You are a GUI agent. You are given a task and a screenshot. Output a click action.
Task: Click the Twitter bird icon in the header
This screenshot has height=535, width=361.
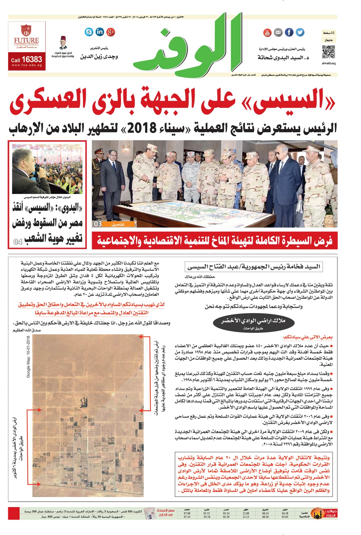tap(300, 32)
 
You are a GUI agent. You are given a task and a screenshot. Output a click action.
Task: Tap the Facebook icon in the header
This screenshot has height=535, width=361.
tap(289, 32)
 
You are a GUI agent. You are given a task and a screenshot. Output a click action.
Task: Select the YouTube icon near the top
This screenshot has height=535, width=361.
tap(267, 32)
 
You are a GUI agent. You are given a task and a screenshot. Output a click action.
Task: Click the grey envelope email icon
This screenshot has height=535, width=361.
tap(278, 32)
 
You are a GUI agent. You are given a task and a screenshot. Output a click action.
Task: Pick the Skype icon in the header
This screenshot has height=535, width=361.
tap(89, 32)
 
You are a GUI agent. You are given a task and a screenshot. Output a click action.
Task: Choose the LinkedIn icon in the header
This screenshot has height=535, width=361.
tap(100, 32)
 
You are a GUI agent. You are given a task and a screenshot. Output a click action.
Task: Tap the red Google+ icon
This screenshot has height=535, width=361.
tap(110, 32)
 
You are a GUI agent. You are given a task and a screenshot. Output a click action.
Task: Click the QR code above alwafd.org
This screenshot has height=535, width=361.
tap(329, 52)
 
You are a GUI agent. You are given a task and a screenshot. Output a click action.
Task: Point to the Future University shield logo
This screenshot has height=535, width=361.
tap(26, 30)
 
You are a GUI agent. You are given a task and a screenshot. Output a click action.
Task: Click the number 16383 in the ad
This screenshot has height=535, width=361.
tap(32, 59)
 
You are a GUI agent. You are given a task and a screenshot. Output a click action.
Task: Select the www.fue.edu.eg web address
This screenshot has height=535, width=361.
tap(27, 65)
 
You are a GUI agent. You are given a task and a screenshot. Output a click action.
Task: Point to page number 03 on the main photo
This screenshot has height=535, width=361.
tap(98, 224)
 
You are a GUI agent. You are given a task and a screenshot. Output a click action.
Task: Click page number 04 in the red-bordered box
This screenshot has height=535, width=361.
tap(18, 242)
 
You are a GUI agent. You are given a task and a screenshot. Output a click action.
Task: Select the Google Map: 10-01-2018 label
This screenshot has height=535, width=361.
tap(28, 356)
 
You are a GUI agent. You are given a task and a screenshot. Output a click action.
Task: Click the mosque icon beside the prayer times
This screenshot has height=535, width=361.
tap(317, 514)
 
